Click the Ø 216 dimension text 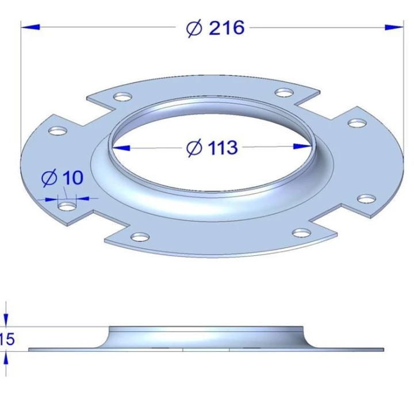click(216, 27)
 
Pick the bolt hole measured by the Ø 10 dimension click(67, 205)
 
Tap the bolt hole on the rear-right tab click(283, 92)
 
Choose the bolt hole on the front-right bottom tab click(301, 232)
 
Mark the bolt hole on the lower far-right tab click(366, 199)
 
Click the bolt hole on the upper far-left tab click(56, 131)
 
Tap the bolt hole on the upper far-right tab click(357, 123)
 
